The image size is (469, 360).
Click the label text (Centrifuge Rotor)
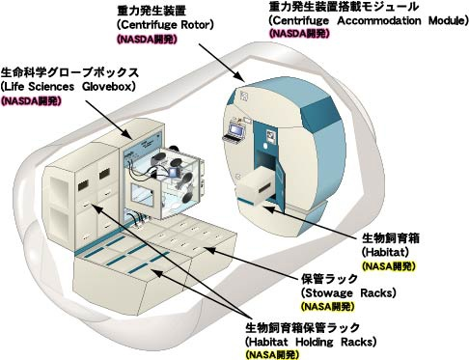coord(165,25)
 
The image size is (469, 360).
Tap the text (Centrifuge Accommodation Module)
coord(369,21)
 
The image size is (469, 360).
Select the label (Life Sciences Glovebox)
coord(69,87)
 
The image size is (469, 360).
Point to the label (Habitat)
coord(385,252)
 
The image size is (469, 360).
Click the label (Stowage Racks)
coord(348,292)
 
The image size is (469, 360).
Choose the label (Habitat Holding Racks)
coord(311,341)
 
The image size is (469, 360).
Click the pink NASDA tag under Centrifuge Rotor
coord(147,40)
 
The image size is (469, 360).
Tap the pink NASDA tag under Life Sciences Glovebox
coord(31,101)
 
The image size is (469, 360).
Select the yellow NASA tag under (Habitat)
coord(389,266)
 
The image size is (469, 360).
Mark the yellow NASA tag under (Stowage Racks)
coord(328,307)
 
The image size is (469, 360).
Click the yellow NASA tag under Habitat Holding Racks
coord(272,354)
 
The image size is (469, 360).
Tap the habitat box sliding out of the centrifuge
coord(256,190)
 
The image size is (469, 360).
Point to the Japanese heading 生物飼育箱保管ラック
coord(302,327)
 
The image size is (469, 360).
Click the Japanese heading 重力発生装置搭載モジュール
coord(344,7)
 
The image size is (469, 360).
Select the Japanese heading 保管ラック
coord(329,279)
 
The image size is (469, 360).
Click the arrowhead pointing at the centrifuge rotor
coord(239,76)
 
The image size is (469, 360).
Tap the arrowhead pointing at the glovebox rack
coord(126,134)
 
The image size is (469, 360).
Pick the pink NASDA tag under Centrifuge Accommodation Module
coord(299,33)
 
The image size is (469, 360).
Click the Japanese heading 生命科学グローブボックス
coord(69,72)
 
